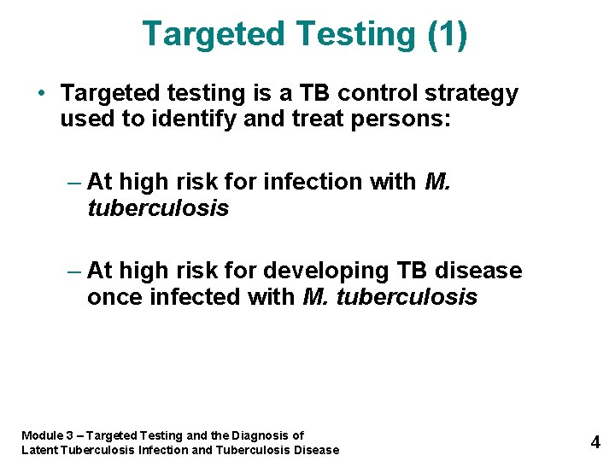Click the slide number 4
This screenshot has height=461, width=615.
coord(595,442)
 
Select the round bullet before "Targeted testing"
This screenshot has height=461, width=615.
coord(41,92)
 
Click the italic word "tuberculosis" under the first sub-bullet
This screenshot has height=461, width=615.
coord(158,208)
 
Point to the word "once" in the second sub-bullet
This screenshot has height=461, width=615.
coord(114,297)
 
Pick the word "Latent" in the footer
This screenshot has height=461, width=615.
coord(38,450)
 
